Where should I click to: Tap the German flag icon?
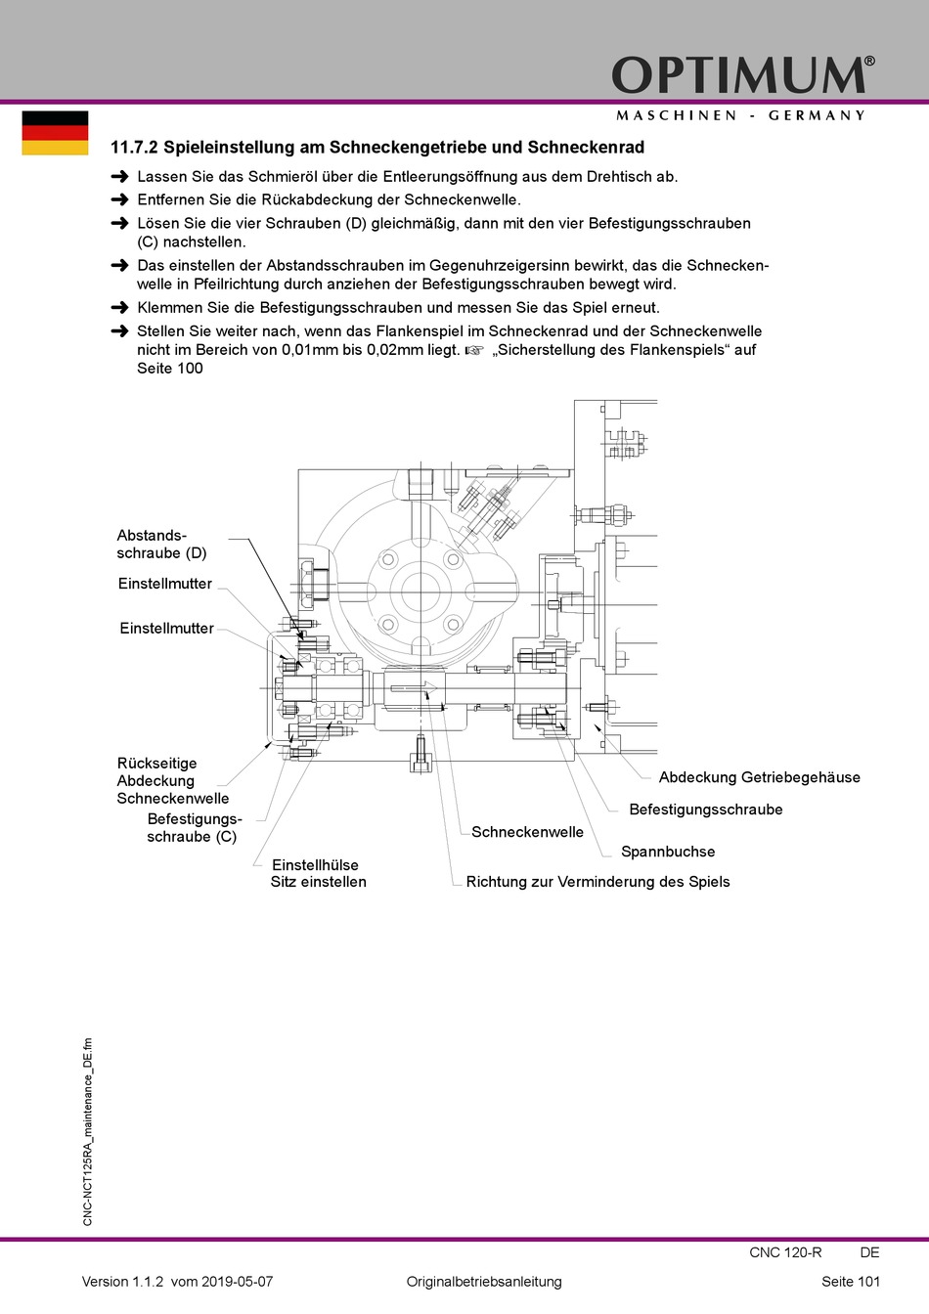tap(55, 133)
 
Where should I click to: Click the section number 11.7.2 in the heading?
tap(134, 148)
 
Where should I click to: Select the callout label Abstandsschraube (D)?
tap(161, 545)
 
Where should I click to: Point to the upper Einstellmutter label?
tap(164, 584)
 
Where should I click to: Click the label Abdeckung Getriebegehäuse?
tap(759, 778)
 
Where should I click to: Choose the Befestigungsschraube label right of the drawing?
tap(705, 810)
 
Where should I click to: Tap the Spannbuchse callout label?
tap(668, 852)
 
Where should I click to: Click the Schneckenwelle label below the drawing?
tap(527, 832)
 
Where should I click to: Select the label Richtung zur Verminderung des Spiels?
tap(597, 882)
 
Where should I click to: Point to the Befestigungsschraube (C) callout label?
tap(194, 828)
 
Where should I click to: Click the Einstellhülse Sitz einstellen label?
tap(318, 873)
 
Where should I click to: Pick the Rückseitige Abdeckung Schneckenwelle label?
tap(172, 781)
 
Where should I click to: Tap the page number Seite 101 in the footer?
tap(850, 1282)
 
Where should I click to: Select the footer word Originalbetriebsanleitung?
tap(484, 1282)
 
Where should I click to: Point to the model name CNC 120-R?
tap(785, 1252)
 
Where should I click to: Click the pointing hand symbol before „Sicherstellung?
tap(474, 350)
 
